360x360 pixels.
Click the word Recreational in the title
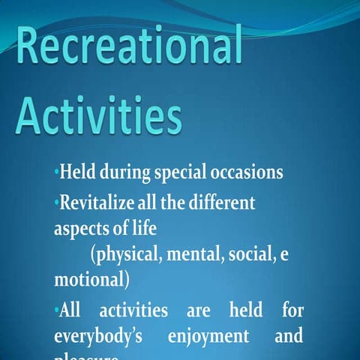click(129, 48)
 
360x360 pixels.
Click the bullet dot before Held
click(56, 173)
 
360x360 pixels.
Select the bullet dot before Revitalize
click(56, 202)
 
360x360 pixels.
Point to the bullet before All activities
click(56, 310)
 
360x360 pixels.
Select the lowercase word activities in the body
click(139, 310)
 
